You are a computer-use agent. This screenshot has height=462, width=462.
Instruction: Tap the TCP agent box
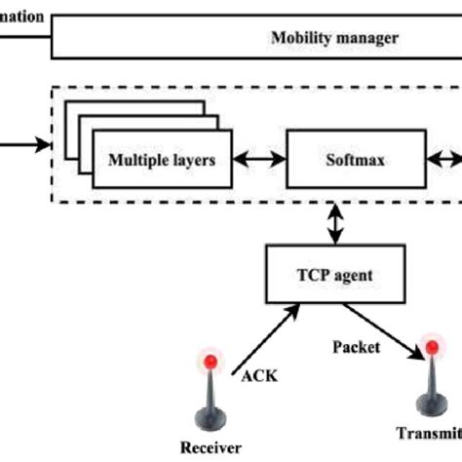coord(333,275)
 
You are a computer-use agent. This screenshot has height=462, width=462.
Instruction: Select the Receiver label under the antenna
coord(208,448)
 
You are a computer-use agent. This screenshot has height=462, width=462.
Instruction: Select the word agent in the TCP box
coord(353,275)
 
